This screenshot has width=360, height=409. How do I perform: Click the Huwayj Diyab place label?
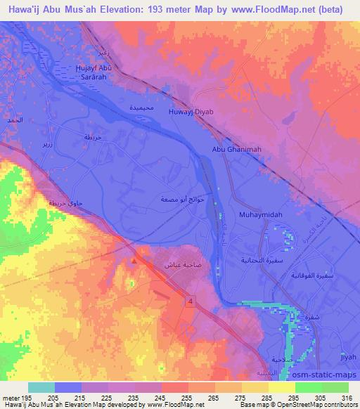(x=191, y=112)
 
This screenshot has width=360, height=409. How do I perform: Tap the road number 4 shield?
(x=189, y=301)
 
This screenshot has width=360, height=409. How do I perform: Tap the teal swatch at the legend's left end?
(x=41, y=387)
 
